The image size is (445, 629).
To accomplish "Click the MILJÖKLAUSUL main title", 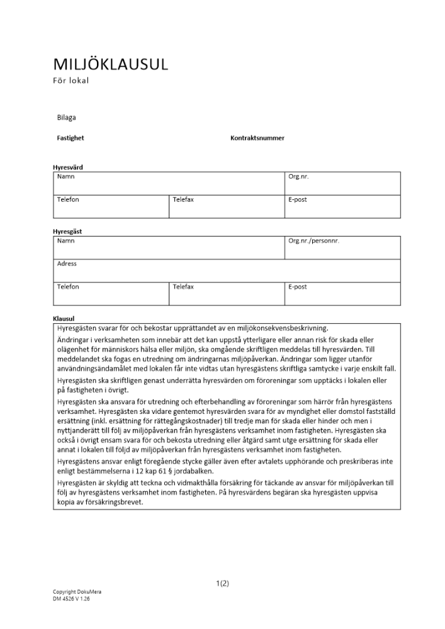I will click(110, 65).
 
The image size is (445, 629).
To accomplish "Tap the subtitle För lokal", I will click(71, 81).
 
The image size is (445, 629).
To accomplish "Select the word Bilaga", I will click(66, 117).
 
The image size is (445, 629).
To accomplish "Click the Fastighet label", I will click(70, 138).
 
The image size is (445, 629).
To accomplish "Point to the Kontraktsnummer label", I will click(257, 138).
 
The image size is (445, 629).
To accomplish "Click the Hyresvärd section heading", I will click(67, 167).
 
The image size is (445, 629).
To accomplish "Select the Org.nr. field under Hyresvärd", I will click(298, 177).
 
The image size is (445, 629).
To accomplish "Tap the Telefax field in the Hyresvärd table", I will click(183, 200).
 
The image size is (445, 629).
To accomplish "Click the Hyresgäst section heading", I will click(67, 231).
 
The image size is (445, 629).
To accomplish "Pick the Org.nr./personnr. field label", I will click(313, 241).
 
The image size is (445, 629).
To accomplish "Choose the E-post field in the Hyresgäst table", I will click(297, 287).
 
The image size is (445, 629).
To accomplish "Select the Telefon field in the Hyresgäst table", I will click(68, 287).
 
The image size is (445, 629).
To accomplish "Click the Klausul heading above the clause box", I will click(64, 318).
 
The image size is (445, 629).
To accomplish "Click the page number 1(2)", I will click(222, 583).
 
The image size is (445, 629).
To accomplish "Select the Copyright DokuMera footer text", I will click(77, 593).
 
